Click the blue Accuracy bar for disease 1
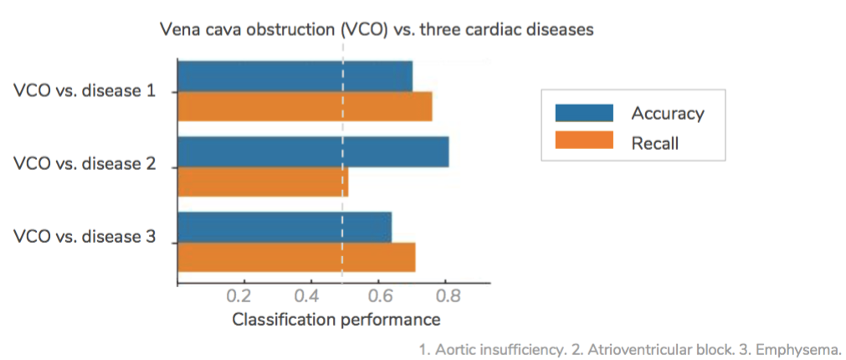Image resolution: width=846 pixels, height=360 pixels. (x=295, y=76)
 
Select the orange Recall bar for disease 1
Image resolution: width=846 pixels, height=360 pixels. (x=305, y=106)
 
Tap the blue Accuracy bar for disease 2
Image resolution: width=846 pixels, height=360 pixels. (x=313, y=152)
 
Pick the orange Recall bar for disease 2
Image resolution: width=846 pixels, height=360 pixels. (x=263, y=182)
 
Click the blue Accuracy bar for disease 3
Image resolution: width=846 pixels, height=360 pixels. (x=285, y=227)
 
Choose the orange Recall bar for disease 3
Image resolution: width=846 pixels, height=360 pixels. (x=296, y=257)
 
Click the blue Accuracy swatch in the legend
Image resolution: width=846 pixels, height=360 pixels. (x=585, y=113)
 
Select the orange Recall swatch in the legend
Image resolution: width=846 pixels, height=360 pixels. (x=585, y=142)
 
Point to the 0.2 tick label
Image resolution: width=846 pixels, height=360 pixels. (x=243, y=297)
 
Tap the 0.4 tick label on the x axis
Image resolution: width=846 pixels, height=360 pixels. (x=310, y=297)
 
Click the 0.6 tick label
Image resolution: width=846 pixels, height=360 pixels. (x=378, y=297)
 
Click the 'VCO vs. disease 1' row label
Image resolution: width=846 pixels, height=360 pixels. (x=85, y=90)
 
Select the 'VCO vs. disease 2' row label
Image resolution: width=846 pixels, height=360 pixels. (x=85, y=164)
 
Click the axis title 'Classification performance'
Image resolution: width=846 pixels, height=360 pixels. (x=336, y=320)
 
